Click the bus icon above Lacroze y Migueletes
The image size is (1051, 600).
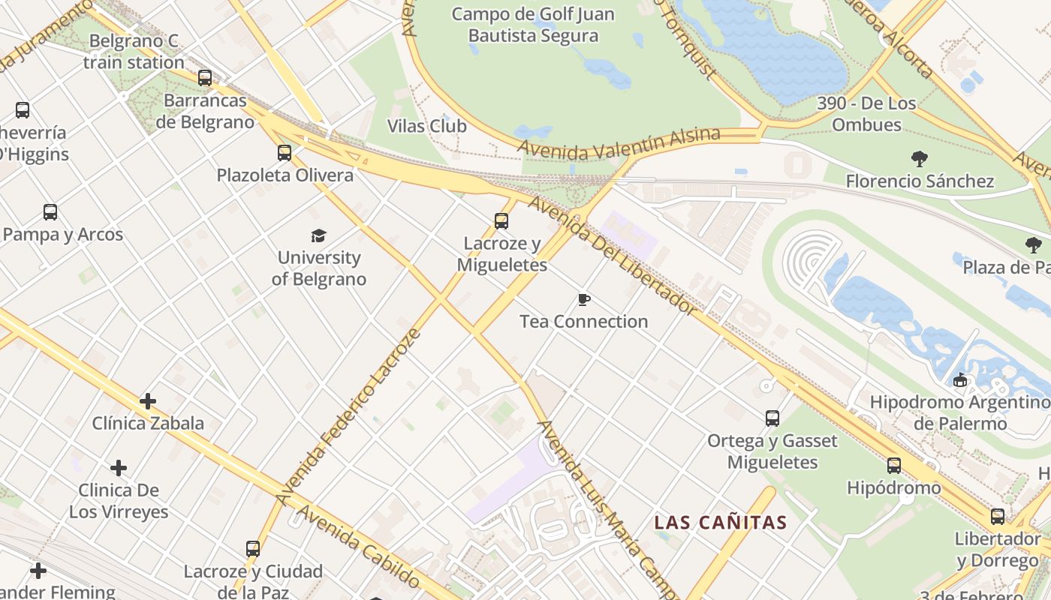(x=501, y=221)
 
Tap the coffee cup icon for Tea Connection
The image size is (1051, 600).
(x=584, y=300)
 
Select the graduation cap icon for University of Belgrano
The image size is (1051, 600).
(x=319, y=236)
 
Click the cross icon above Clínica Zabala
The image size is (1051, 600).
(x=148, y=401)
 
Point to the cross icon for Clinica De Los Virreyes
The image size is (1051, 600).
(x=119, y=469)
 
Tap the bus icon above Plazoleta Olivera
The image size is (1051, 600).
(x=285, y=153)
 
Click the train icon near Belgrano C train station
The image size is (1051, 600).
(x=205, y=78)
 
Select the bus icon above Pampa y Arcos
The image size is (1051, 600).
(x=50, y=212)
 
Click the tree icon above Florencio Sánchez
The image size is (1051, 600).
(x=919, y=159)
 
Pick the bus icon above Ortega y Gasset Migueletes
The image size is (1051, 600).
(x=772, y=418)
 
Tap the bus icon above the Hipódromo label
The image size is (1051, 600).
(x=894, y=466)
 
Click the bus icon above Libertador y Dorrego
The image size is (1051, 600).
(x=998, y=517)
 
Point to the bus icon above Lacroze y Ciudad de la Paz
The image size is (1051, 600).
(x=253, y=549)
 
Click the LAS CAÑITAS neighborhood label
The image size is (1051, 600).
(x=721, y=523)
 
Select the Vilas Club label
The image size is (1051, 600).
(x=427, y=126)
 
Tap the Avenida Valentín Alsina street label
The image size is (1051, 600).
(x=619, y=142)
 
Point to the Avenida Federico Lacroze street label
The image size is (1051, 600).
(x=347, y=416)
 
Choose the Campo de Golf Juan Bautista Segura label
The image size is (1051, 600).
(x=533, y=25)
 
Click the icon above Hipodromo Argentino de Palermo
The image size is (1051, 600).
(x=960, y=380)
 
